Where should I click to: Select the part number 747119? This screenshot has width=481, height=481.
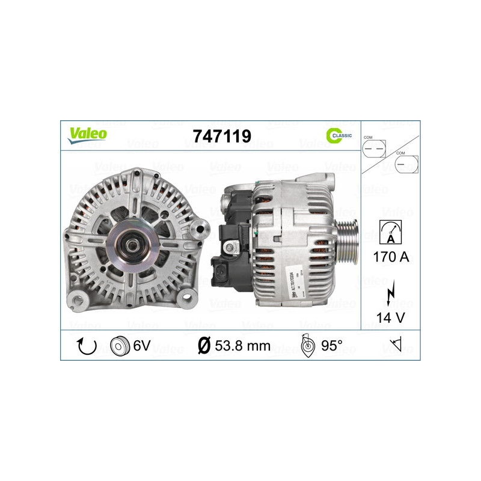click(222, 136)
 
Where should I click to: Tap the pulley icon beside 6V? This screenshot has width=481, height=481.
click(120, 346)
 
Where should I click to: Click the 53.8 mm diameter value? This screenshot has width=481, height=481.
click(243, 346)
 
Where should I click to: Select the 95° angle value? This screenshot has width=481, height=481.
click(331, 346)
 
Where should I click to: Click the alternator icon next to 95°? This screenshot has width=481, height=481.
click(308, 346)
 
